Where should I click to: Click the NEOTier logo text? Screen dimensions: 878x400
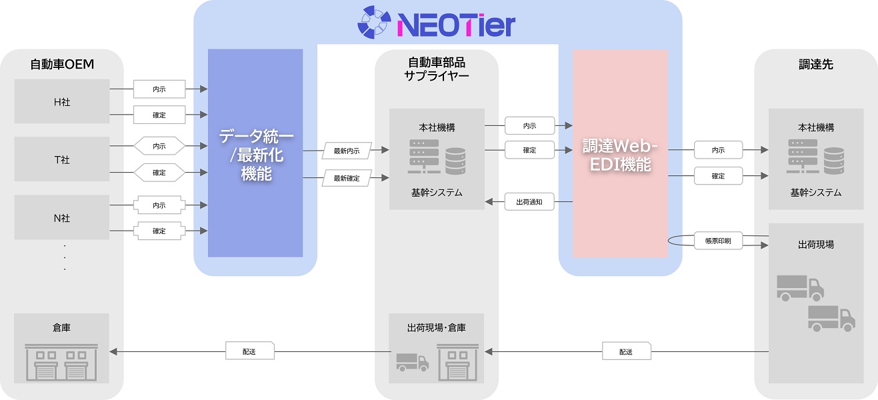coord(456,25)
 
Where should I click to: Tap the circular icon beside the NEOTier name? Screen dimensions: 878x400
coord(374,22)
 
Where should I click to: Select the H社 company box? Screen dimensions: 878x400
coord(62,101)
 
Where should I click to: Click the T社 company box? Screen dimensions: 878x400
coord(62,159)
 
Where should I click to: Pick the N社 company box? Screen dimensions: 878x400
coord(62,217)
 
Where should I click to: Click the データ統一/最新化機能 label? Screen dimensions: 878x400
coord(256,155)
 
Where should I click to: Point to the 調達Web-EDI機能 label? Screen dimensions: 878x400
coord(620,155)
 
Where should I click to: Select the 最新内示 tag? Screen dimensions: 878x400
coord(347,151)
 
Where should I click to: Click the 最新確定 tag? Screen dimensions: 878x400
coord(347,178)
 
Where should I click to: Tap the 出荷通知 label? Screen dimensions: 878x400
coord(529,202)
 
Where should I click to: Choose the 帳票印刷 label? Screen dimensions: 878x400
coord(718,241)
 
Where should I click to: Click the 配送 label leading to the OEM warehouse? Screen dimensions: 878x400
coord(250,351)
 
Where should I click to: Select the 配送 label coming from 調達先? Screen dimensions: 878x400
coord(627,351)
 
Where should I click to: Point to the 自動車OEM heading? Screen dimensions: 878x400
coord(62,64)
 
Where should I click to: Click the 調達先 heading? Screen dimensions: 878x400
coord(816,64)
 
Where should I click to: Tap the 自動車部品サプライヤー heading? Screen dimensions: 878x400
coord(436,69)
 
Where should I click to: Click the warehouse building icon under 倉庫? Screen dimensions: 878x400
coord(61,362)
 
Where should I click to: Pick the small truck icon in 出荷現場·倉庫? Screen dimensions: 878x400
coord(413,363)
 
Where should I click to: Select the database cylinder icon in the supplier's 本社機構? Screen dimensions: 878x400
coord(455,161)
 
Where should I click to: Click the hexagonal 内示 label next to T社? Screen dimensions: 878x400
coord(159,146)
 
